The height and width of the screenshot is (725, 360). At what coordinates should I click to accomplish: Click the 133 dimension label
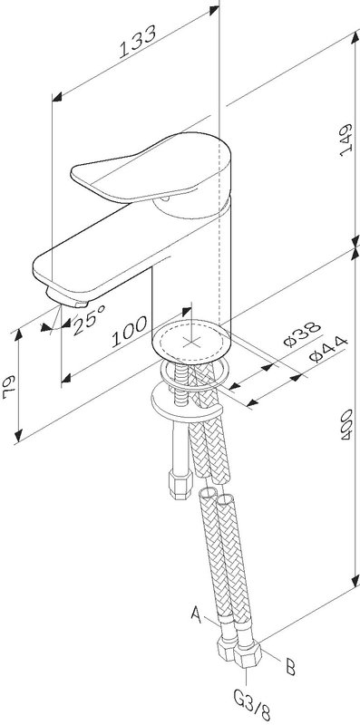138,42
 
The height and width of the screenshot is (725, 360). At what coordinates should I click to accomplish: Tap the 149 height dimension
346,140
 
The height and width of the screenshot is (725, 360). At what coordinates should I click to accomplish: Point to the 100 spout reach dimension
129,332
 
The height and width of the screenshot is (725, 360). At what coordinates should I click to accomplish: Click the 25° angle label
88,320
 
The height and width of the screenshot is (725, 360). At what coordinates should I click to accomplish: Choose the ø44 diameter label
328,350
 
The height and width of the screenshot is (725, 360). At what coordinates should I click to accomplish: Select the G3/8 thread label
252,707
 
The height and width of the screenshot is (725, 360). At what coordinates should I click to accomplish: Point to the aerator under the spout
66,297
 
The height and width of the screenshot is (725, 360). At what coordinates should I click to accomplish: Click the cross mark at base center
190,342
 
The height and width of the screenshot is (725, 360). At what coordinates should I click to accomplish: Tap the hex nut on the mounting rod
180,484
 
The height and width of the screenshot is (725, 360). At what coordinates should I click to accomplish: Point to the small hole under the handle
165,199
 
